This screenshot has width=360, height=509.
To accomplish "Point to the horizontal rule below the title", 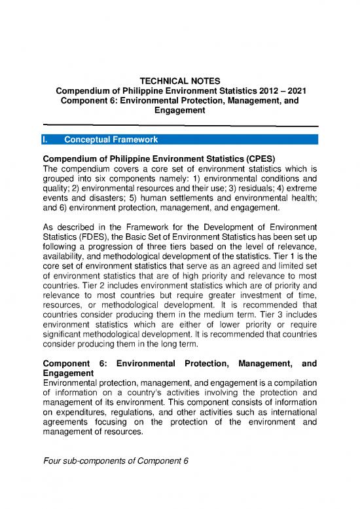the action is (x=179, y=124).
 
